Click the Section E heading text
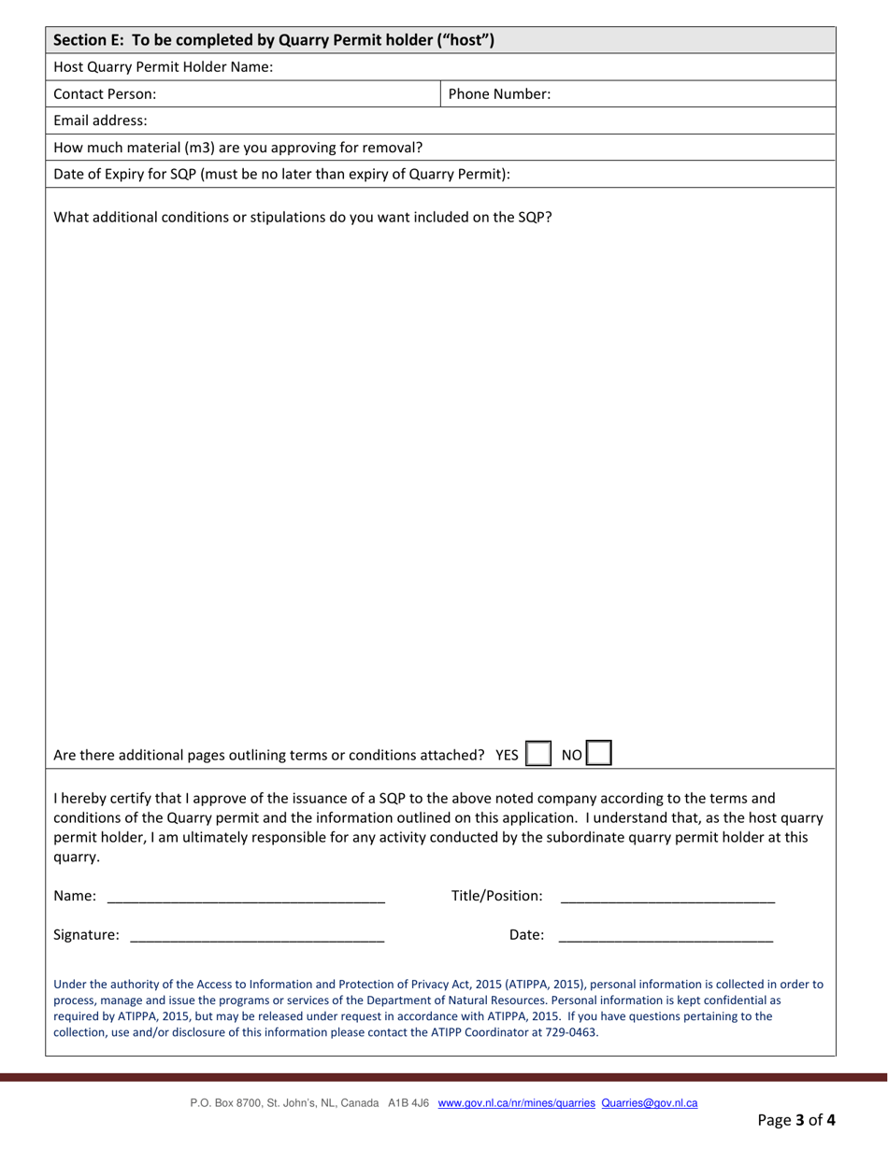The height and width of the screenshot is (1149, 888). (273, 40)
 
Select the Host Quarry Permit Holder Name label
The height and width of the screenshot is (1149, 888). (163, 67)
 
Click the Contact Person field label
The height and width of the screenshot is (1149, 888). (105, 93)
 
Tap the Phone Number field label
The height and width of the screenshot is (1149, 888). (499, 93)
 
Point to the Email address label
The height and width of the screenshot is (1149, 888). (100, 121)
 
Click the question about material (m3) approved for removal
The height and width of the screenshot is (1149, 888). (237, 147)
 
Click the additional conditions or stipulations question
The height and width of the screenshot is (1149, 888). (302, 218)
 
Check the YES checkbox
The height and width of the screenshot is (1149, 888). (538, 754)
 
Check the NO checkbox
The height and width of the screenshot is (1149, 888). (598, 754)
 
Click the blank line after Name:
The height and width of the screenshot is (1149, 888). (246, 897)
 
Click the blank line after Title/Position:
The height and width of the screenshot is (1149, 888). (666, 897)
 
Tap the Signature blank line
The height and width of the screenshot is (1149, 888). (257, 934)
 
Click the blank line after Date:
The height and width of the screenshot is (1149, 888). (666, 934)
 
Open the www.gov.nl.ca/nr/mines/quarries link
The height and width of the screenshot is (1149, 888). (516, 1103)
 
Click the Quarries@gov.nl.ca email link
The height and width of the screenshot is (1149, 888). (650, 1103)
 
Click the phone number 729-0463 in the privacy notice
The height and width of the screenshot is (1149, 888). (572, 1032)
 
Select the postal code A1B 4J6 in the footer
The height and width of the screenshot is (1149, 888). (408, 1103)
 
